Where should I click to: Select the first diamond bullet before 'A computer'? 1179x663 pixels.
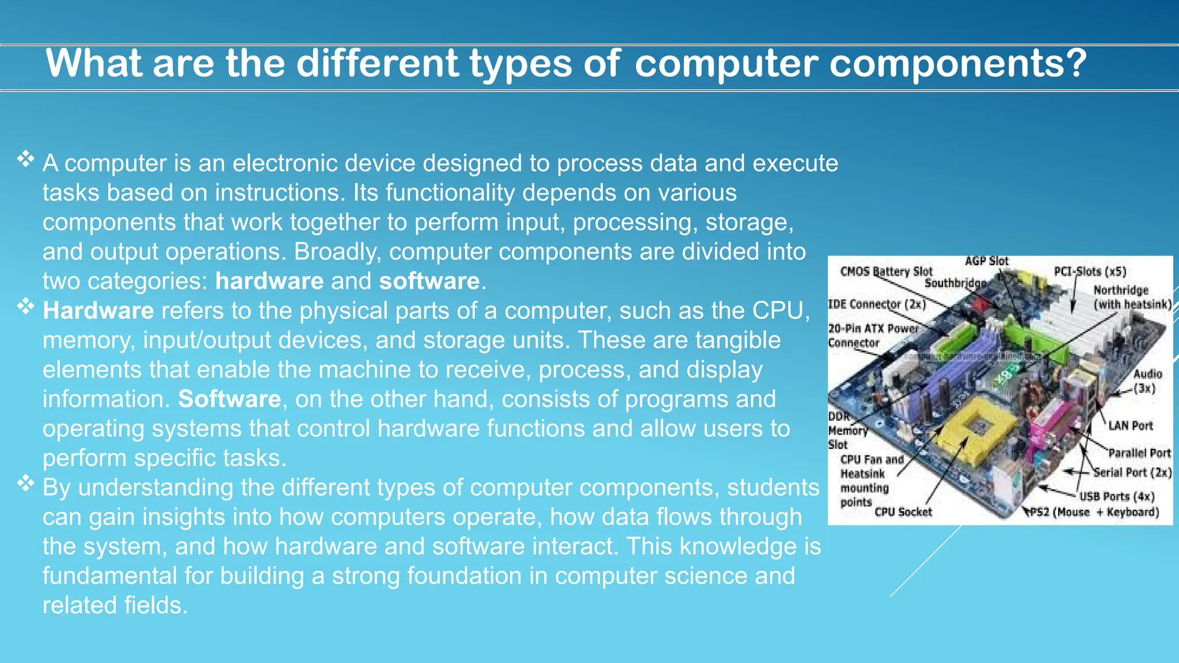[26, 159]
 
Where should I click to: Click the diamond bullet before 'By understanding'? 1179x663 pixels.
[26, 483]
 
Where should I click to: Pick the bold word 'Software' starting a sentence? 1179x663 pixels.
[229, 399]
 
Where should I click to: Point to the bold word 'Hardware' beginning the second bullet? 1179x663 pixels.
[98, 311]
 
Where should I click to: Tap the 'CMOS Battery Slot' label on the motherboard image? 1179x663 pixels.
[886, 272]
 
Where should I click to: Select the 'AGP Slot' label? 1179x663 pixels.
[986, 261]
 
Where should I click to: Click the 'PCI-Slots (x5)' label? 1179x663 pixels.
[1090, 272]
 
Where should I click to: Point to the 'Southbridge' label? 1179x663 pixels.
[955, 283]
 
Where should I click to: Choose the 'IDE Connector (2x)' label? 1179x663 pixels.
[877, 304]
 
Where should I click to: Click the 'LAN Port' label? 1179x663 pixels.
[1131, 426]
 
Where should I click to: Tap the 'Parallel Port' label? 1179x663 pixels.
[1139, 454]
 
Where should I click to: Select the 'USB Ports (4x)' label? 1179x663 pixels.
[1117, 497]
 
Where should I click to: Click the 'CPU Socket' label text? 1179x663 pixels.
[903, 512]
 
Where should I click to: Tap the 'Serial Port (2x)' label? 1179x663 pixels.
[1132, 473]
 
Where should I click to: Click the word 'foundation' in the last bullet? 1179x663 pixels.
[464, 576]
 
